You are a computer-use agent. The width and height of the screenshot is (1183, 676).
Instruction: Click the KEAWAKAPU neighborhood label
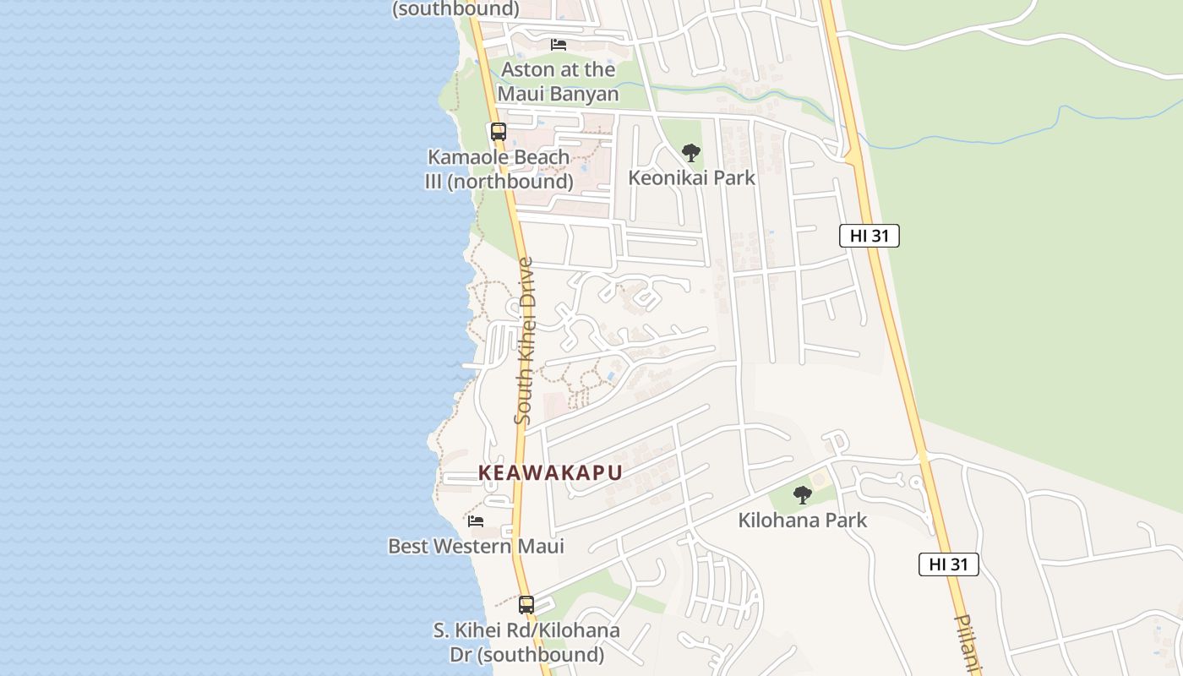click(x=550, y=473)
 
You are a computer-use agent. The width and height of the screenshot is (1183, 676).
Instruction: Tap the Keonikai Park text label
click(x=691, y=178)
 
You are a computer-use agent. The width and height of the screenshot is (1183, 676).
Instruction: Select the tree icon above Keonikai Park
click(x=691, y=153)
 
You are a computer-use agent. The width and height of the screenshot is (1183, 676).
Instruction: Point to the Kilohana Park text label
click(x=802, y=521)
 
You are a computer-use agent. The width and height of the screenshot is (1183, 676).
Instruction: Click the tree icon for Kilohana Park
click(x=802, y=495)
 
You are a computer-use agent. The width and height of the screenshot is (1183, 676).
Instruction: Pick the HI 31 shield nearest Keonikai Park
click(x=869, y=236)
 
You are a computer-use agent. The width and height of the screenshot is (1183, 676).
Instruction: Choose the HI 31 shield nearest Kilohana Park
click(x=948, y=564)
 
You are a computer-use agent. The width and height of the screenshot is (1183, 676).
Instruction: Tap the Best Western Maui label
click(x=476, y=546)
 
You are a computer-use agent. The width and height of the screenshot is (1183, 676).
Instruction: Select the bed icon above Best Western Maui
click(x=476, y=521)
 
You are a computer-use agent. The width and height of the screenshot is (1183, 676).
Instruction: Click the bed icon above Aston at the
click(x=558, y=44)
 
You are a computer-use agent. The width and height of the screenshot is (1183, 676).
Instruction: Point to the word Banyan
click(x=586, y=93)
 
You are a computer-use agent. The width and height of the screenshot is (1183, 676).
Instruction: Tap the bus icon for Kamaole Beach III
click(x=499, y=132)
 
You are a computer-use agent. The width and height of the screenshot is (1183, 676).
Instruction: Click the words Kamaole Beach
click(x=499, y=157)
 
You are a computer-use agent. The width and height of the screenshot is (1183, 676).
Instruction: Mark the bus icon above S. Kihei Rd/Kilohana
click(x=526, y=605)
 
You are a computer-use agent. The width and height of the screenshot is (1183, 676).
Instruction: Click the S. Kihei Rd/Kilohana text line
click(x=526, y=630)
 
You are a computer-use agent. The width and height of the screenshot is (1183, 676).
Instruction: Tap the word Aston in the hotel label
click(x=529, y=69)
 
